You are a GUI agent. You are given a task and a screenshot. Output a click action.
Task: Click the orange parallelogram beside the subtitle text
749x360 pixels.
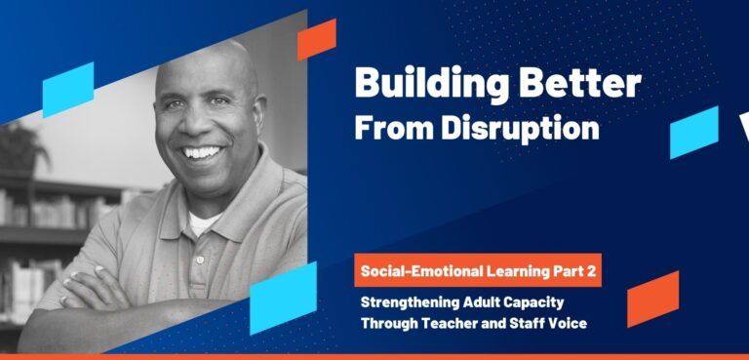pyautogui.click(x=652, y=299)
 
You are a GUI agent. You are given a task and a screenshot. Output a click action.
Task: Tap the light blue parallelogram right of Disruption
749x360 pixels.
pyautogui.click(x=693, y=132)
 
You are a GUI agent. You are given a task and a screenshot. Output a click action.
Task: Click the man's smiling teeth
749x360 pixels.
pyautogui.click(x=203, y=153)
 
